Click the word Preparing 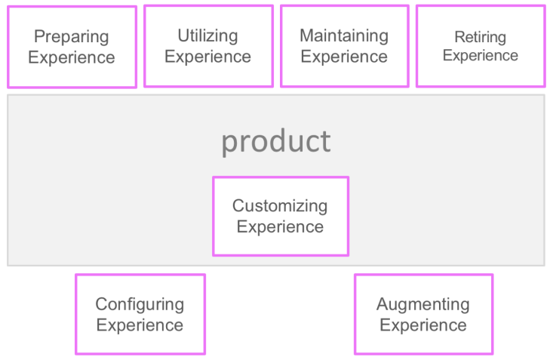click(72, 37)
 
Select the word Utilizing click(207, 35)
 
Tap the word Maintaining click(344, 35)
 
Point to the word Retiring click(480, 37)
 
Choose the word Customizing click(280, 205)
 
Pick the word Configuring click(140, 304)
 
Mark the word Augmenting click(422, 304)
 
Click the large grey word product click(275, 141)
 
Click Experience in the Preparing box click(72, 58)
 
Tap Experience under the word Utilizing click(207, 57)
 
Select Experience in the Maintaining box click(344, 57)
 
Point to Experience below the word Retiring click(480, 56)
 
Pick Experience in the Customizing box click(280, 226)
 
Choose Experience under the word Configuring click(140, 325)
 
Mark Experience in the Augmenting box click(422, 325)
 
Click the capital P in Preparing click(39, 37)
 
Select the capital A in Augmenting click(383, 304)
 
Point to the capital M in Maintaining click(306, 35)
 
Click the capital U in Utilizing click(183, 35)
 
